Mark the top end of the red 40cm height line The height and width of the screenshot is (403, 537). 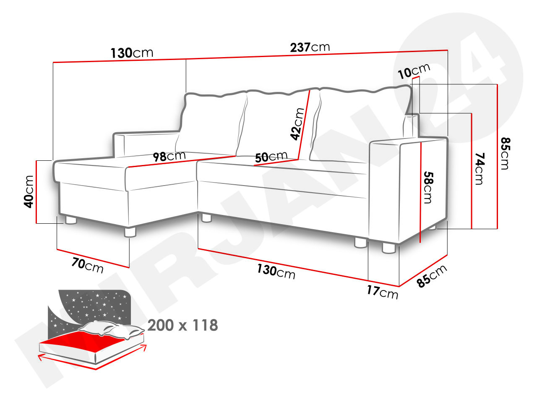(36, 161)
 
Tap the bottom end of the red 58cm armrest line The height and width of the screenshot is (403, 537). (420, 242)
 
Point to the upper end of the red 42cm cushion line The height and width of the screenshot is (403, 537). (310, 91)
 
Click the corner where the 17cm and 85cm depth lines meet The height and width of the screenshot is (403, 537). (399, 286)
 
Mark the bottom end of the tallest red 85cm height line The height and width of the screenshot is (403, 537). (498, 229)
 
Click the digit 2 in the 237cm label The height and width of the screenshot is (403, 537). (294, 48)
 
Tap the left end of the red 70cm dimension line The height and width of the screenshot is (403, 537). (57, 249)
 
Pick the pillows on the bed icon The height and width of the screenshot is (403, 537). (111, 329)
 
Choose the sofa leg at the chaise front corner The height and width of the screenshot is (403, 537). (130, 232)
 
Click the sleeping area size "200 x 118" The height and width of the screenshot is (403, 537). (183, 325)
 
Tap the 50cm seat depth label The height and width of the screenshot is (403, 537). (271, 157)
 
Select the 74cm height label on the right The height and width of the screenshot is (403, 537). (480, 169)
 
